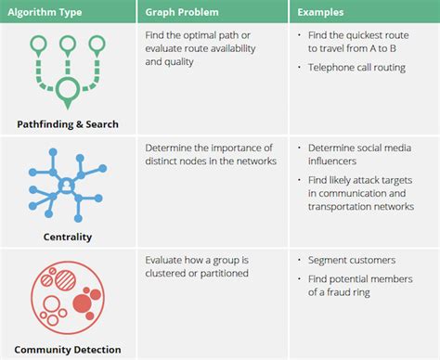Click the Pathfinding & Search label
click(67, 123)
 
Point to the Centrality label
click(68, 237)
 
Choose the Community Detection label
click(67, 349)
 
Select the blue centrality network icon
click(67, 185)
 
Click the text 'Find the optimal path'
click(196, 35)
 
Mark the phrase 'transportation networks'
click(360, 207)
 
